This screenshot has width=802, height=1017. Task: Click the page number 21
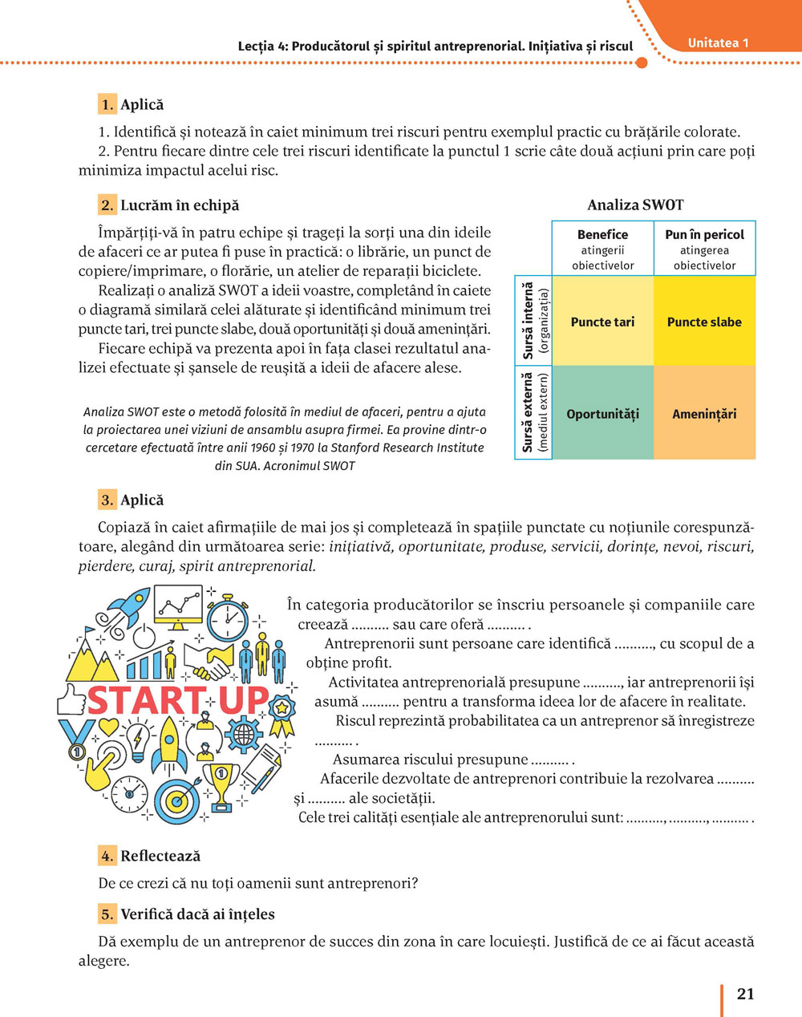[x=745, y=994]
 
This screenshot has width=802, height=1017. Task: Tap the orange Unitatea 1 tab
[x=718, y=43]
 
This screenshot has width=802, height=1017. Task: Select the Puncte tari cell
[x=602, y=322]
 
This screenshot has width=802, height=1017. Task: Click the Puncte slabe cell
[x=704, y=322]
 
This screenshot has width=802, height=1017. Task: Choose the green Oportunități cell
[x=602, y=414]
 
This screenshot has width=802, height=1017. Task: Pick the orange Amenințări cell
[x=704, y=414]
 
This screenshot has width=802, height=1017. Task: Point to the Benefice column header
[x=602, y=249]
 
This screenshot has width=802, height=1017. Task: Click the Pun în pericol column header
[x=704, y=249]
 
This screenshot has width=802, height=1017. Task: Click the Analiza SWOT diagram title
[x=635, y=205]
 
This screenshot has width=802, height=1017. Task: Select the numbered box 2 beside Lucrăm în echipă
[x=107, y=205]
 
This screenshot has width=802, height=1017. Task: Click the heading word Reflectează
[x=160, y=857]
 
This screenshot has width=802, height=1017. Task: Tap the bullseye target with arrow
[x=175, y=798]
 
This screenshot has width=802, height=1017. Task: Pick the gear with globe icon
[x=243, y=733]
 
